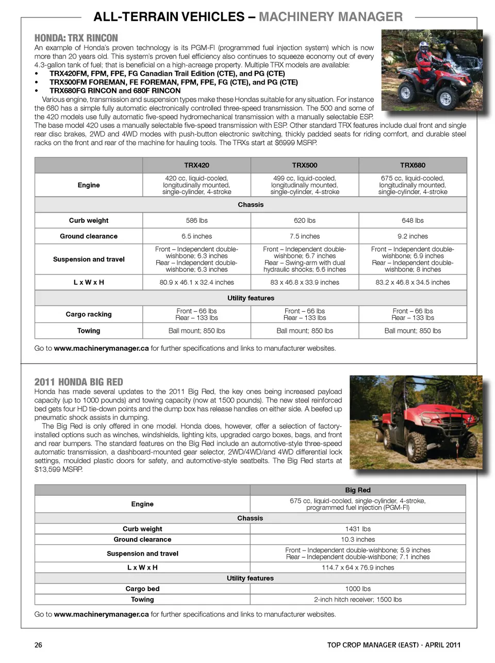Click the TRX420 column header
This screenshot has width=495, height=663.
pos(196,165)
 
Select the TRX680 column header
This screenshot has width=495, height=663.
pos(412,165)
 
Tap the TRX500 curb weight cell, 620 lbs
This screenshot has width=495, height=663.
pos(305,220)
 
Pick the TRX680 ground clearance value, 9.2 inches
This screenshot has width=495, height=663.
pos(412,236)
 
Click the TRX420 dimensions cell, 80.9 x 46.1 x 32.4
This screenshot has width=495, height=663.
pos(196,282)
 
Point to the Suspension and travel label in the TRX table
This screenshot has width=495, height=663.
pos(89,260)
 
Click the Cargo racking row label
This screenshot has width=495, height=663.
pos(89,314)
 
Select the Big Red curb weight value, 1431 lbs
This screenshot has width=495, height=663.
pos(358,529)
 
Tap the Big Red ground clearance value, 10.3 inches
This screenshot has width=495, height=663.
pos(358,539)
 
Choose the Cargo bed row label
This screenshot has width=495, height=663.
pos(142,589)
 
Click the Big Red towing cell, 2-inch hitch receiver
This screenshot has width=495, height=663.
pos(358,600)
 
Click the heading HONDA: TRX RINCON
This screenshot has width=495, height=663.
pos(76,38)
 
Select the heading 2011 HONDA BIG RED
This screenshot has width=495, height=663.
pos(79,382)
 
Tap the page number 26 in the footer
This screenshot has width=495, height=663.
pos(38,645)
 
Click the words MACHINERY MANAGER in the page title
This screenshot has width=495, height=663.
pos(331,17)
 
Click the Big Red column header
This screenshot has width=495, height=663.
pos(358,490)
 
